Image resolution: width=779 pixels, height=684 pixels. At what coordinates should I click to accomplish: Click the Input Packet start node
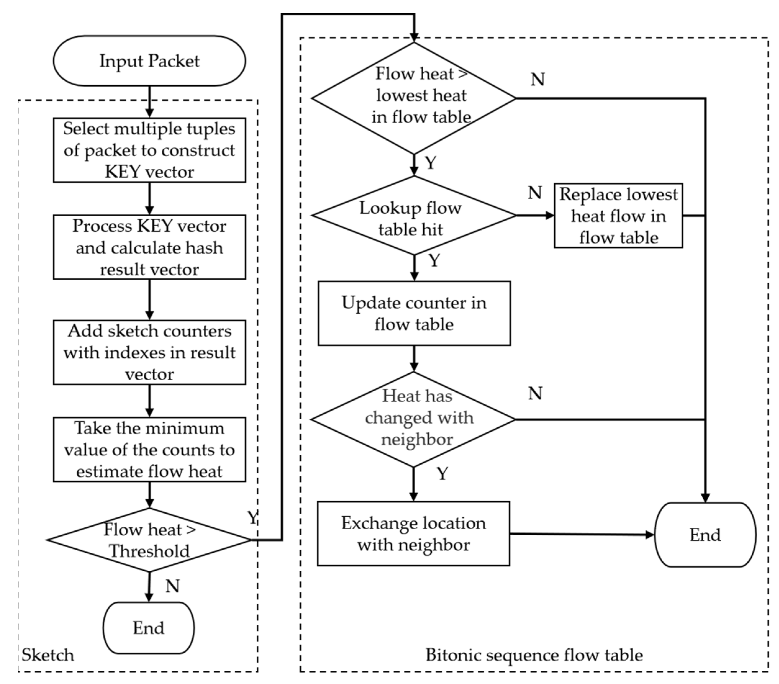pos(149,61)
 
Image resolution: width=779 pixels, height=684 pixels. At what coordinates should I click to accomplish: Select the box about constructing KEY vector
pos(149,150)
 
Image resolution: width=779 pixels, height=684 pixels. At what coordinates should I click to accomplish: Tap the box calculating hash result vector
pos(149,247)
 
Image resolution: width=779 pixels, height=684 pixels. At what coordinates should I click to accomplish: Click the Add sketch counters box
pos(149,352)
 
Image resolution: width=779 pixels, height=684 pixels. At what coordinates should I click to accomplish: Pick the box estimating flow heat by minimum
pos(149,449)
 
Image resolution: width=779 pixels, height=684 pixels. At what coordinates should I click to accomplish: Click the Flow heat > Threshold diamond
pos(149,540)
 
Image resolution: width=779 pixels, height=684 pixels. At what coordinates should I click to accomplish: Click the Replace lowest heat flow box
pos(618,216)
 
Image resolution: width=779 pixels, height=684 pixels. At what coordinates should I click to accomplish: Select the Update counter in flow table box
pos(414,313)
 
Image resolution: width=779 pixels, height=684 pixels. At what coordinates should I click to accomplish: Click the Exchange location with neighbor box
pos(413,533)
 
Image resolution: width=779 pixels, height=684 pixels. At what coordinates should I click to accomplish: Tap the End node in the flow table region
pos(705,535)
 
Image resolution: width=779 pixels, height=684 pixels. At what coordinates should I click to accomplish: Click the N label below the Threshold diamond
pos(172,586)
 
